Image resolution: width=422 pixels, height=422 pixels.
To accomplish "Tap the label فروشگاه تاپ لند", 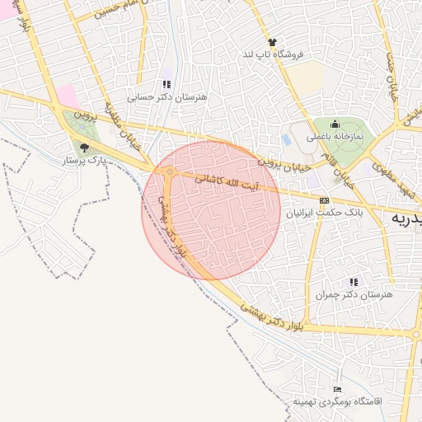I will click(x=272, y=54).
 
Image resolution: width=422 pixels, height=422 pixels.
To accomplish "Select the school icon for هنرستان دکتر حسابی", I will click(x=166, y=84).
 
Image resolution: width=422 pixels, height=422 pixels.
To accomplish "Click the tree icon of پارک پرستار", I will click(x=83, y=148).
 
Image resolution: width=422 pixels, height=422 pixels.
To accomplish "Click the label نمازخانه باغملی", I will click(x=337, y=135).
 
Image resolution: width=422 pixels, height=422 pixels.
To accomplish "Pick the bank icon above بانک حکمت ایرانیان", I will click(x=324, y=200).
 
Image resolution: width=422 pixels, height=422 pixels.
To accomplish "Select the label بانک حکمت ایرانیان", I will click(x=324, y=213).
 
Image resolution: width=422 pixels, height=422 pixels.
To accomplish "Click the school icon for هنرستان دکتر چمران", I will click(x=354, y=282).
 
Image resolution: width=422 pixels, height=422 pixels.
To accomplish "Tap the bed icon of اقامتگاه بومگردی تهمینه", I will click(x=336, y=389).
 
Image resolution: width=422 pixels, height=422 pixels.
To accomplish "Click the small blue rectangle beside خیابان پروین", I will click(x=286, y=140).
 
